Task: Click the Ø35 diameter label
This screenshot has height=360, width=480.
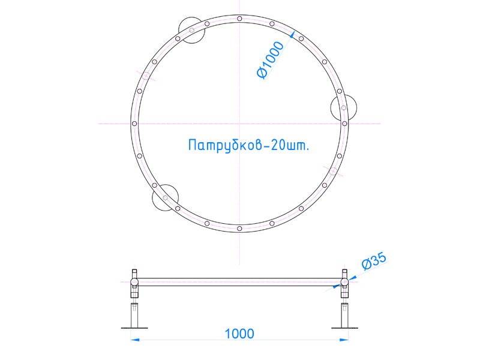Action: (x=374, y=262)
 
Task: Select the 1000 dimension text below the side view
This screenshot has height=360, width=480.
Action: (x=239, y=333)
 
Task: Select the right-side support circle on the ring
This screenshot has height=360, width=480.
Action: (x=344, y=108)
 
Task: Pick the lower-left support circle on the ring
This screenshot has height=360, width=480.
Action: (x=165, y=198)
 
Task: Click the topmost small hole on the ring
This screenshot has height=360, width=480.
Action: (x=239, y=19)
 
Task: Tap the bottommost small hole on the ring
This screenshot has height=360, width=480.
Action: (x=239, y=229)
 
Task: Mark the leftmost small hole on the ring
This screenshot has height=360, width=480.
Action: (x=134, y=124)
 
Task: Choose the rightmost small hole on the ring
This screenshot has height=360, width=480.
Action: (x=344, y=124)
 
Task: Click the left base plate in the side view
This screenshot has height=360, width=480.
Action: (x=134, y=328)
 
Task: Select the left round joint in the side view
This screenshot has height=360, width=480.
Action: (x=134, y=281)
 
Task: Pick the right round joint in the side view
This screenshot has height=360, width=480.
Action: (x=344, y=281)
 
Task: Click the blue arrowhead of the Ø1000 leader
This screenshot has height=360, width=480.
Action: (x=293, y=35)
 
